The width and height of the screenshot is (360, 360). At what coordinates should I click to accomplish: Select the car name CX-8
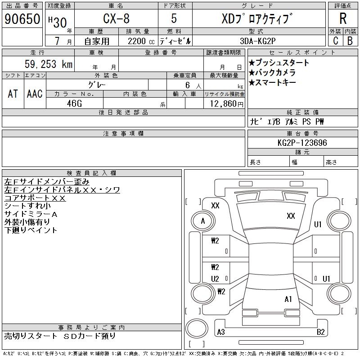116,19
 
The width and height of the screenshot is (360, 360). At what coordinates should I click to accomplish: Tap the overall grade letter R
343,18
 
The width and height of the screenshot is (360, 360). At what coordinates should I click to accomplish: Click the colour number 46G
74,103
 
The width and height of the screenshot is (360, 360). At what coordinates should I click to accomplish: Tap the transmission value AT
13,94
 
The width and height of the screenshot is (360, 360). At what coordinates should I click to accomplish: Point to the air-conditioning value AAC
35,94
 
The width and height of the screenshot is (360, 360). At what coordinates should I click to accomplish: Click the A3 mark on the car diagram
221,332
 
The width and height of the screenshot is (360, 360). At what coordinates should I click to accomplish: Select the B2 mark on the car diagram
321,332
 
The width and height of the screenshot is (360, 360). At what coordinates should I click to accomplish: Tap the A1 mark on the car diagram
288,299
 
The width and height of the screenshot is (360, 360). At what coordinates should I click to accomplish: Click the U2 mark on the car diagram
215,279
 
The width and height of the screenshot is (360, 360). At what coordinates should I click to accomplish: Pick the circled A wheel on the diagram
203,221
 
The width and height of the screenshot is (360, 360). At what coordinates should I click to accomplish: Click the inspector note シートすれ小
28,206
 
